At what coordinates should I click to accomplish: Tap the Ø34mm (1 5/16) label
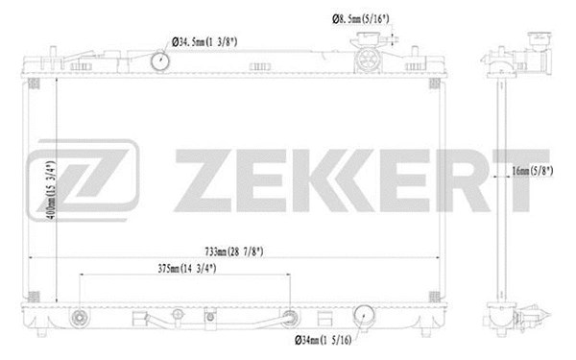click(324, 339)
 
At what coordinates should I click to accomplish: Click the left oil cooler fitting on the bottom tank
click(81, 319)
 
